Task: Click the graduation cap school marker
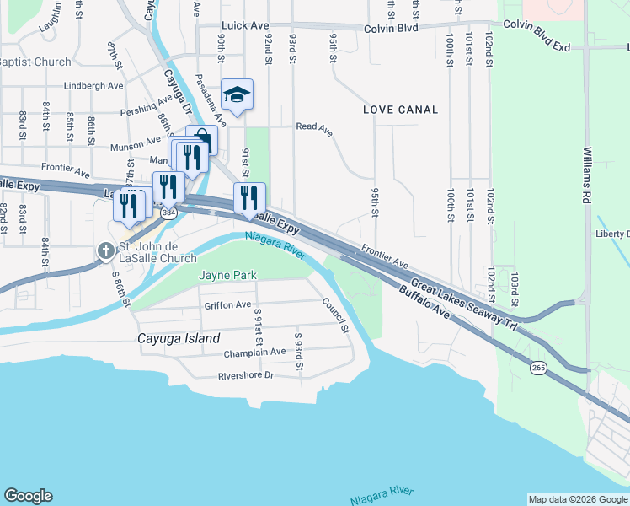point(237,94)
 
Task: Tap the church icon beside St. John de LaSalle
point(104,250)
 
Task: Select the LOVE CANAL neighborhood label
point(401,110)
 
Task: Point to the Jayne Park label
point(227,275)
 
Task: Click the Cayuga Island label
point(179,338)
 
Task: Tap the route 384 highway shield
point(169,213)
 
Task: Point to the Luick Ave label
point(245,26)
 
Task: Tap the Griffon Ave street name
point(227,305)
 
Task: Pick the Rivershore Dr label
point(246,375)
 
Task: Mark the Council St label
point(334,315)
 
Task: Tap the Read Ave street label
point(314,127)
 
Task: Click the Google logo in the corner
point(28,496)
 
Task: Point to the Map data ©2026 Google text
point(578,499)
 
